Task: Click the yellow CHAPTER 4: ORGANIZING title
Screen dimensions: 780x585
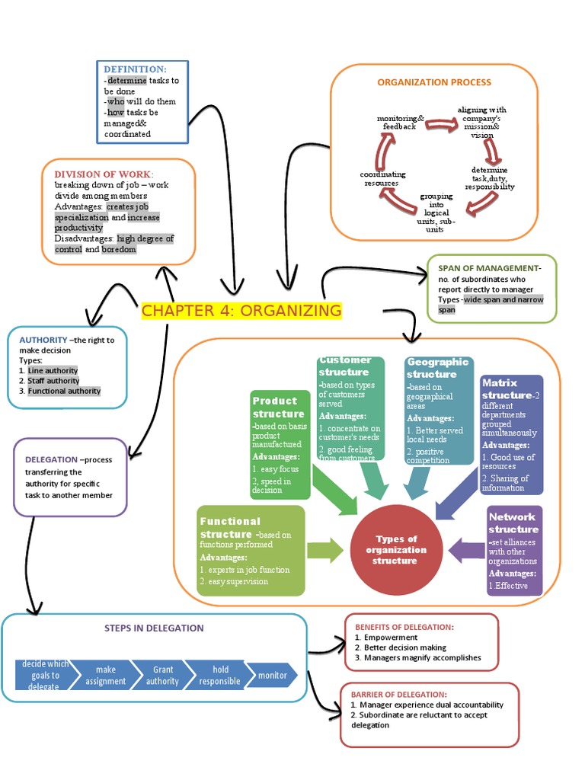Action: [x=241, y=310]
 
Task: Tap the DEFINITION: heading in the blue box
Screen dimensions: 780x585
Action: [x=135, y=69]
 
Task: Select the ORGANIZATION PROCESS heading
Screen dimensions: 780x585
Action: [x=434, y=82]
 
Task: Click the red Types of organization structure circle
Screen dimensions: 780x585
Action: [x=395, y=550]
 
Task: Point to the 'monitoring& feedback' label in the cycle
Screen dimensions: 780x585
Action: [x=400, y=123]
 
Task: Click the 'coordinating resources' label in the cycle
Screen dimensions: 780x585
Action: [x=383, y=179]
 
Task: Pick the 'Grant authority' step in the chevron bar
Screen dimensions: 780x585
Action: [x=163, y=675]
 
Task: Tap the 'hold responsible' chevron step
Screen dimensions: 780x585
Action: [x=219, y=675]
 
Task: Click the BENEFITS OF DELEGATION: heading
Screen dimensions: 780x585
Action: [x=404, y=627]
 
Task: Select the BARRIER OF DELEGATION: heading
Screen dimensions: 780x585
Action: [x=399, y=695]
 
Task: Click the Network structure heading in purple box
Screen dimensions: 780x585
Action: [x=513, y=523]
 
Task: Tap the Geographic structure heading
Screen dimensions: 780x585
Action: [x=436, y=368]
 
